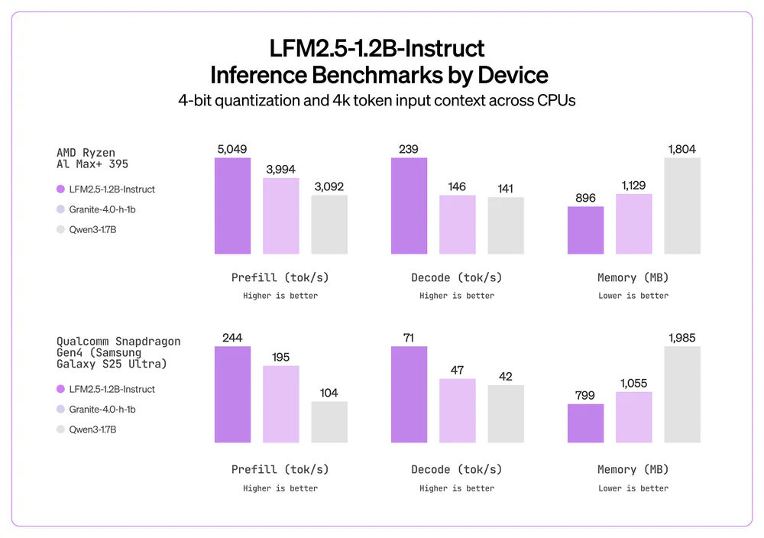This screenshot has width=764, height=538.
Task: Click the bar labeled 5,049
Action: click(x=232, y=206)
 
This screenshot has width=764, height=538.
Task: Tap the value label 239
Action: click(x=409, y=150)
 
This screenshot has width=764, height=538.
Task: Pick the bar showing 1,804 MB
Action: click(x=682, y=206)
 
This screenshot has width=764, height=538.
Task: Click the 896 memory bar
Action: click(x=585, y=230)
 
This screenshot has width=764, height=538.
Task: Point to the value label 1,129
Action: click(x=634, y=185)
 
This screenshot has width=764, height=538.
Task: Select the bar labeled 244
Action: click(x=232, y=394)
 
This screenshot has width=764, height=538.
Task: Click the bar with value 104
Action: click(x=329, y=422)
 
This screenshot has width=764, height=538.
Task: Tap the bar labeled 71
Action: click(x=409, y=394)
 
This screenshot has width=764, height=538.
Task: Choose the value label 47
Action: click(x=458, y=370)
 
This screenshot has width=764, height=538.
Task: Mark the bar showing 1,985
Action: click(x=682, y=394)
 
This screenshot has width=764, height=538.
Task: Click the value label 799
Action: click(x=585, y=395)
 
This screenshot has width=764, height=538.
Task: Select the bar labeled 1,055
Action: click(x=634, y=417)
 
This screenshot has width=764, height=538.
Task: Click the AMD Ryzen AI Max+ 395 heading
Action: click(x=92, y=158)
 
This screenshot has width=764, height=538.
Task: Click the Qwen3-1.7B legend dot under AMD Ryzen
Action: click(x=60, y=228)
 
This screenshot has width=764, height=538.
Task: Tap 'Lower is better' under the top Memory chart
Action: click(x=633, y=296)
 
